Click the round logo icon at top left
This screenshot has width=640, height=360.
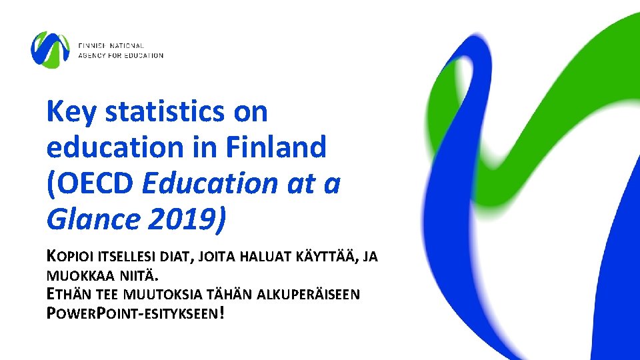pos(51,50)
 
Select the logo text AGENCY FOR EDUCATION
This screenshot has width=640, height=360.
pos(121,55)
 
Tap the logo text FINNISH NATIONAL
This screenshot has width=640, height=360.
pos(111,45)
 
